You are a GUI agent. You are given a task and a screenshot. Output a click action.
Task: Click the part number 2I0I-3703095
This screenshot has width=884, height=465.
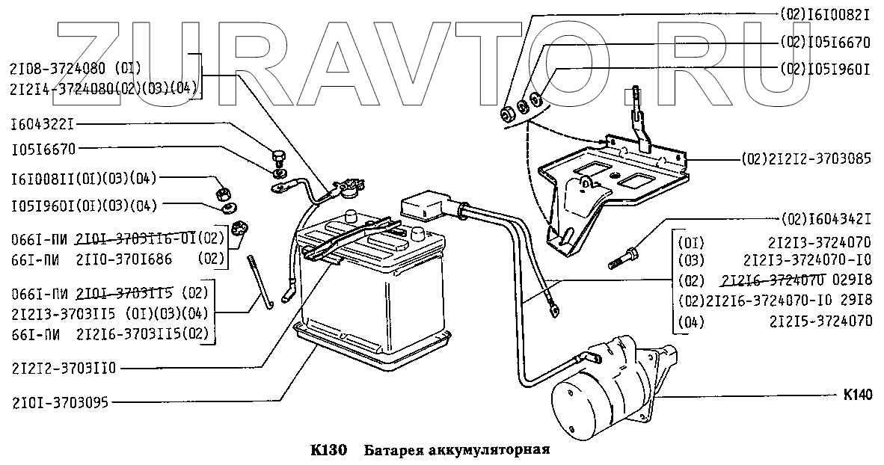[60, 403]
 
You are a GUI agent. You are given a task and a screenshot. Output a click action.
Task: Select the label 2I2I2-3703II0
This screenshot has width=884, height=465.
[65, 369]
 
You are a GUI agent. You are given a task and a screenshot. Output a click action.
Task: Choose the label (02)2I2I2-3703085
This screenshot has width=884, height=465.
[806, 159]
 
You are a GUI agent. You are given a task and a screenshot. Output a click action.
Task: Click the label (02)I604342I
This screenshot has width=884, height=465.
[825, 219]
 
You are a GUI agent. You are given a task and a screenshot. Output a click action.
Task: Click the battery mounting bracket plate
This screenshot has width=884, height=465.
[613, 179]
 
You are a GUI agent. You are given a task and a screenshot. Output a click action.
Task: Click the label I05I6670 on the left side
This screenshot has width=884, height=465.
[43, 148]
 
